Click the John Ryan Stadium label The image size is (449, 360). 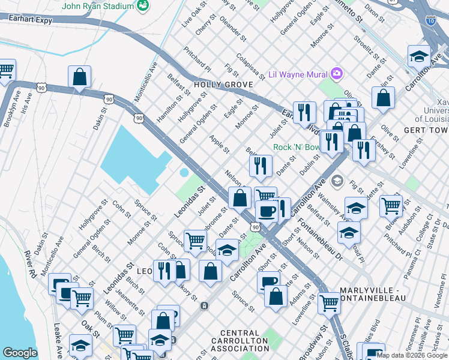(x=98, y=6)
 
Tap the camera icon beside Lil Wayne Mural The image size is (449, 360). (x=337, y=74)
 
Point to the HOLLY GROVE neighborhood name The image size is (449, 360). (x=223, y=85)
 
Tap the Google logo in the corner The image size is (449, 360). (x=20, y=353)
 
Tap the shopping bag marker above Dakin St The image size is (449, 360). (x=79, y=77)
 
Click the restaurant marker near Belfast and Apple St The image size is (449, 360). (x=261, y=166)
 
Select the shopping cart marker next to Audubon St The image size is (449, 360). (x=391, y=205)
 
